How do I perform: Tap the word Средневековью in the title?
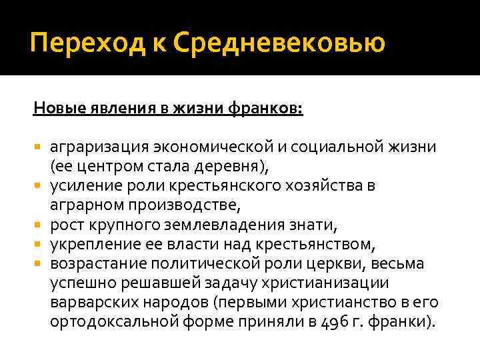click(279, 43)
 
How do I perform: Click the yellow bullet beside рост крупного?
click(37, 225)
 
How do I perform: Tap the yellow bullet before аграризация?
click(37, 146)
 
